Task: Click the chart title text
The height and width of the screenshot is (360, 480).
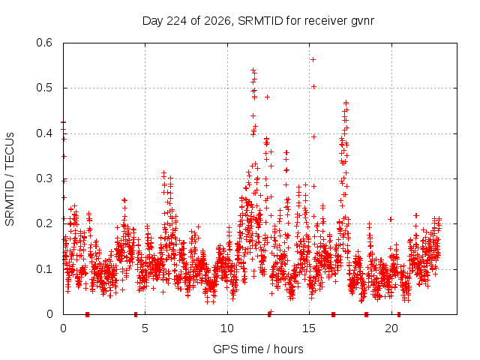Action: (x=258, y=21)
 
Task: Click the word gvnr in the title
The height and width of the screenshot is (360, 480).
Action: (x=362, y=22)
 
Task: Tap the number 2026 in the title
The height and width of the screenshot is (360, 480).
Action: (x=217, y=21)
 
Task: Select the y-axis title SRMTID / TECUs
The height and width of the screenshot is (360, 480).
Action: (x=10, y=179)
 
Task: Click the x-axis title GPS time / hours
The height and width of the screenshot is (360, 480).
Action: (x=258, y=349)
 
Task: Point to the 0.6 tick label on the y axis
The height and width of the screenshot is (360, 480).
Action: (x=44, y=43)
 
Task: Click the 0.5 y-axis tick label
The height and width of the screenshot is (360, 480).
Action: (x=44, y=88)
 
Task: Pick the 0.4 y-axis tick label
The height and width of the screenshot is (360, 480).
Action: (x=44, y=133)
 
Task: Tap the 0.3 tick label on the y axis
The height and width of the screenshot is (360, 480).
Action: (x=44, y=178)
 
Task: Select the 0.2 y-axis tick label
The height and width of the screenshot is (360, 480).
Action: (x=44, y=223)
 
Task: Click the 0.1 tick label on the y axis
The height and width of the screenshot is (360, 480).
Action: (x=44, y=269)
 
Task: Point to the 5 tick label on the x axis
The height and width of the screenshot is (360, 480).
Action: (x=145, y=328)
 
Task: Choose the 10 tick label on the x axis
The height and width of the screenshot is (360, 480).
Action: (x=227, y=328)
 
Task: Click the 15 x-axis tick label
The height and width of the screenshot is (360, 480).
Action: (x=309, y=328)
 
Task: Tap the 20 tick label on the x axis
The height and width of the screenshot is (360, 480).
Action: (x=391, y=328)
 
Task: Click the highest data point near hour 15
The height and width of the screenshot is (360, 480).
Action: (x=313, y=59)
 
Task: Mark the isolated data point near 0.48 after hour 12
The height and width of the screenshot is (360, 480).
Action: (x=267, y=97)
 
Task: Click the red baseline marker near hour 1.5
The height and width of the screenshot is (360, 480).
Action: (x=87, y=314)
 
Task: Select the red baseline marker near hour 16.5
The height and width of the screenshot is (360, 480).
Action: (x=333, y=314)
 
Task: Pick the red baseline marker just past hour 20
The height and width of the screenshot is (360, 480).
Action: (x=399, y=314)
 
